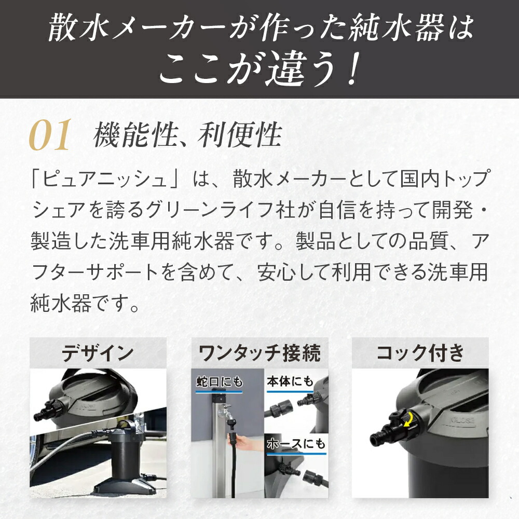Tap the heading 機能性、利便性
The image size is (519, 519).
point(187,136)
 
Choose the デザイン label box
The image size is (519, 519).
point(98,353)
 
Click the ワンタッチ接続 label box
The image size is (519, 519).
point(259,353)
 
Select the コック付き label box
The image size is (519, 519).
point(420,353)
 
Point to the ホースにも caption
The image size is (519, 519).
point(296,444)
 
